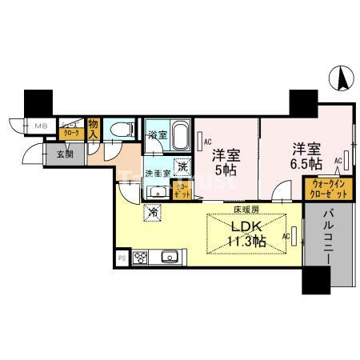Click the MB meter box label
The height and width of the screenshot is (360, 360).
click(x=40, y=126)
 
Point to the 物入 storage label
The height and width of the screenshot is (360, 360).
click(x=93, y=129)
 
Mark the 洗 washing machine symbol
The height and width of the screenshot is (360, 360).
click(x=182, y=166)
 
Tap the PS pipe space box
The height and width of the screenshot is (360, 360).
click(x=122, y=258)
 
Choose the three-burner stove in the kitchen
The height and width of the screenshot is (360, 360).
click(x=142, y=258)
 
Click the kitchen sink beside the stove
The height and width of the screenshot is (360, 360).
click(x=168, y=258)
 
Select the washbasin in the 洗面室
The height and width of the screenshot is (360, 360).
click(x=158, y=189)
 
